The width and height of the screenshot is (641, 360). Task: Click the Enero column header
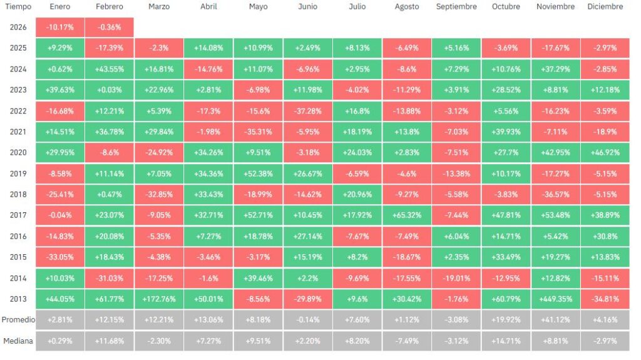tap(59, 7)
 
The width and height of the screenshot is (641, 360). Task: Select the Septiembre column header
tap(456, 7)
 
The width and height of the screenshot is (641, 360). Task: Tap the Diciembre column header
tap(605, 7)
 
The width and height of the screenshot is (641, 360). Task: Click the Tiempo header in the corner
tap(18, 7)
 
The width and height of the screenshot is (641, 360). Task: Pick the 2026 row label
tap(18, 27)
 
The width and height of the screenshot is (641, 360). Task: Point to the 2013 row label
tap(18, 299)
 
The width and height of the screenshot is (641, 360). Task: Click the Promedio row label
tap(18, 320)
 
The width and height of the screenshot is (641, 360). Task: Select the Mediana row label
tap(18, 341)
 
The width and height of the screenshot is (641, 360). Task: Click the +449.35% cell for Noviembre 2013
tap(555, 299)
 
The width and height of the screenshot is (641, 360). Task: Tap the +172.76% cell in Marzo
tap(158, 299)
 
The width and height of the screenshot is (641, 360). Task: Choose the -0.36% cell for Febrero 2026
tap(109, 27)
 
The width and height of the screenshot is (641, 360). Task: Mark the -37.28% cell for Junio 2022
tap(307, 111)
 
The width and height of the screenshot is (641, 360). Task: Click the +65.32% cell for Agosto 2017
tap(407, 215)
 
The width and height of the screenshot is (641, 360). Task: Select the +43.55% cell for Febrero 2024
tap(109, 69)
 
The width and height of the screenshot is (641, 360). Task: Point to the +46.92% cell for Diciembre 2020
tap(605, 152)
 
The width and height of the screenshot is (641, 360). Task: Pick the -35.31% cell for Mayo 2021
tap(258, 131)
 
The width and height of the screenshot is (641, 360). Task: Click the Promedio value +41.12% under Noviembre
tap(555, 320)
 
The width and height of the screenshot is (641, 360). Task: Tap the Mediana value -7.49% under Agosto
tap(407, 341)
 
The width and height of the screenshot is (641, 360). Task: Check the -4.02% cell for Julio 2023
tap(357, 90)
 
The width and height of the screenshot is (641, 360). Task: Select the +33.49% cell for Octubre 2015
tap(506, 257)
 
